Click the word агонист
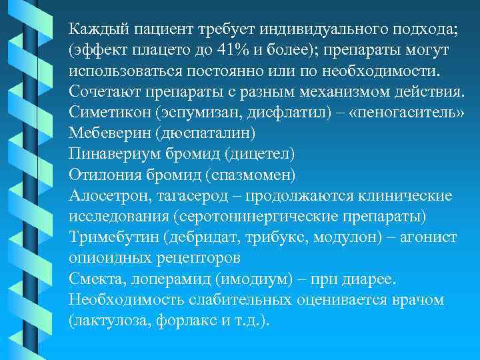(427, 237)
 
